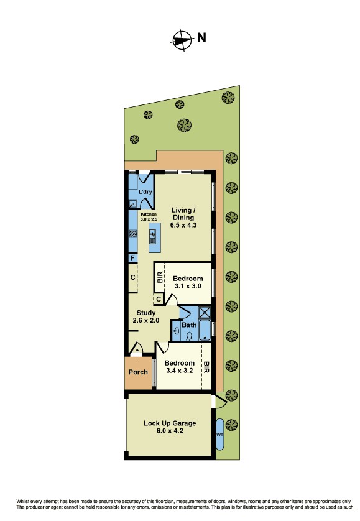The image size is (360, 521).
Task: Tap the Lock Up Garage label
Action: click(x=170, y=427)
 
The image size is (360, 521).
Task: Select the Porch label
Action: click(x=138, y=372)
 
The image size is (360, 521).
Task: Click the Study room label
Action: click(x=146, y=316)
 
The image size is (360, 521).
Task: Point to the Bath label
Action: click(x=189, y=325)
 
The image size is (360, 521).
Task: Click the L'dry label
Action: click(x=145, y=191)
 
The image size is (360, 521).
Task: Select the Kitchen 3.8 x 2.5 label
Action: click(x=149, y=217)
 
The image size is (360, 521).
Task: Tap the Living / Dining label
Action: click(x=183, y=218)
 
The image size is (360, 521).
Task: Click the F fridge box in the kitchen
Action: click(x=133, y=258)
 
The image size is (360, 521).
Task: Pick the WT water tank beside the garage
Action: click(x=219, y=435)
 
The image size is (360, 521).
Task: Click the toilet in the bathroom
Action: click(x=190, y=336)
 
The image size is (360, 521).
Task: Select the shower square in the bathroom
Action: click(x=205, y=312)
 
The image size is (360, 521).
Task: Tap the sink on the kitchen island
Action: click(x=153, y=236)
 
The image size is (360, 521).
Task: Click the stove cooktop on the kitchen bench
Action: click(x=133, y=234)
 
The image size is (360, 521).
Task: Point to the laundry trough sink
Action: click(x=132, y=204)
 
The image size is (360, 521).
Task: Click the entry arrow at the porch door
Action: click(x=137, y=353)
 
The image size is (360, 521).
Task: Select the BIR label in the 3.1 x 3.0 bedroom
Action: click(x=160, y=277)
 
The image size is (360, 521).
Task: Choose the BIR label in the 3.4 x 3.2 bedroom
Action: click(x=206, y=367)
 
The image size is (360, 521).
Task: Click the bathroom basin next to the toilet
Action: click(x=177, y=331)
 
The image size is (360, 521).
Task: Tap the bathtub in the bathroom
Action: click(x=205, y=330)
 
